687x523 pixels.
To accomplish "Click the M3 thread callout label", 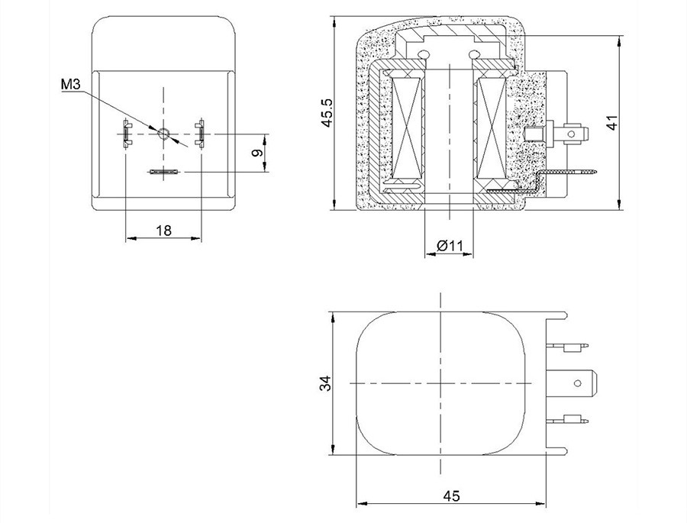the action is [70, 84].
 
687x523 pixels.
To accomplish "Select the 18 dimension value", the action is [164, 230].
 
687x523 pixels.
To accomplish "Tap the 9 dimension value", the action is [259, 153].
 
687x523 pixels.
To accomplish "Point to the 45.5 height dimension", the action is [327, 113].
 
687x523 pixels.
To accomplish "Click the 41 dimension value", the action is [612, 122].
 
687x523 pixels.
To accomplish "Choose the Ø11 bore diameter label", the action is [450, 246].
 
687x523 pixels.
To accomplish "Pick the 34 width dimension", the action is [326, 383].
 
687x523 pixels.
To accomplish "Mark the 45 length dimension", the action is [451, 496].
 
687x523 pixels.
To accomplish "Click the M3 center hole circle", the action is [164, 134].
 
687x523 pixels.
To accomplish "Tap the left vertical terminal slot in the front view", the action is [126, 133].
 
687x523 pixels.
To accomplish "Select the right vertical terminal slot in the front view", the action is [201, 132].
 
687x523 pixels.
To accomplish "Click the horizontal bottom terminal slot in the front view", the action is [163, 172].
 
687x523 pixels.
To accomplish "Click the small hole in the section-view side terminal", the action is [571, 134].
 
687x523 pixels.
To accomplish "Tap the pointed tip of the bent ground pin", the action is [598, 172].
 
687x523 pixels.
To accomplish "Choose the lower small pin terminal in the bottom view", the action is [569, 420].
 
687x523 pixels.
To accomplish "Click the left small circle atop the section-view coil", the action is [423, 54].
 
